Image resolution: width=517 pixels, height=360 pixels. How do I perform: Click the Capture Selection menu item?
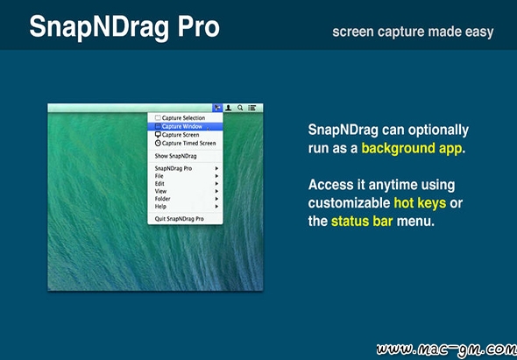[x=180, y=117]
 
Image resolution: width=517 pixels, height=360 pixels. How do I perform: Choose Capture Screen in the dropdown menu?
[x=177, y=135]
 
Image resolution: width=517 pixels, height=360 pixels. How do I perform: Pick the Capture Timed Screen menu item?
[x=185, y=143]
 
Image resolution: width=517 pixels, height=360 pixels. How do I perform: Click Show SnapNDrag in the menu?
[x=176, y=156]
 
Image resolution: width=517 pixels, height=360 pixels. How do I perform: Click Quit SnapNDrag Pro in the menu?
[x=180, y=219]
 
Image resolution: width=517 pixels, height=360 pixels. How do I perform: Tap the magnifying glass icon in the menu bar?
[x=240, y=108]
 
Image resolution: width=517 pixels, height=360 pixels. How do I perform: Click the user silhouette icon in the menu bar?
[x=228, y=108]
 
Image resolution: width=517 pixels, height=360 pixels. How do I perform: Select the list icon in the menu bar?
[x=252, y=108]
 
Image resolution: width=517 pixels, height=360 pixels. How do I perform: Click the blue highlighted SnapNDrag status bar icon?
[x=217, y=108]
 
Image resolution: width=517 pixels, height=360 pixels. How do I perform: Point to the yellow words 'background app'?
[x=412, y=149]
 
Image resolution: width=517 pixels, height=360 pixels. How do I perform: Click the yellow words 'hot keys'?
[x=420, y=203]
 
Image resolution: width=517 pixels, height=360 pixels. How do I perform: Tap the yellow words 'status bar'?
[x=362, y=222]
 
